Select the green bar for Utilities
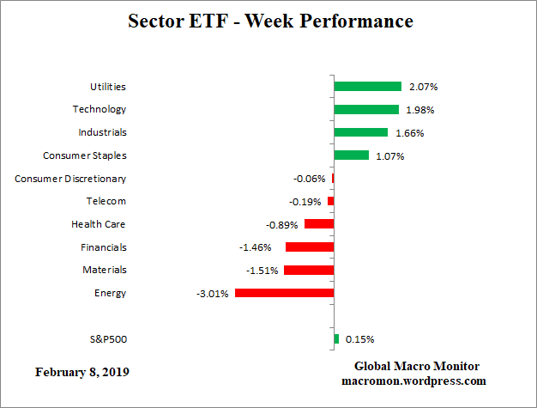click(367, 87)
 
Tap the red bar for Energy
click(284, 293)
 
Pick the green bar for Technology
click(366, 109)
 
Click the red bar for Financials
click(310, 247)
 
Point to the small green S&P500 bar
click(336, 339)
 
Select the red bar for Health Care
click(318, 224)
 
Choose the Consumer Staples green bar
click(351, 155)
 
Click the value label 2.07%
click(423, 87)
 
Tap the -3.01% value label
click(213, 294)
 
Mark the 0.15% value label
click(359, 339)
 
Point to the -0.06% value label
click(309, 179)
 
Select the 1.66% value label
click(410, 133)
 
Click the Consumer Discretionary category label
click(70, 179)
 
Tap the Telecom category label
click(106, 201)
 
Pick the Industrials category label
click(102, 132)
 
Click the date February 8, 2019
click(83, 372)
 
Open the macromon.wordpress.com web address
click(413, 381)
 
